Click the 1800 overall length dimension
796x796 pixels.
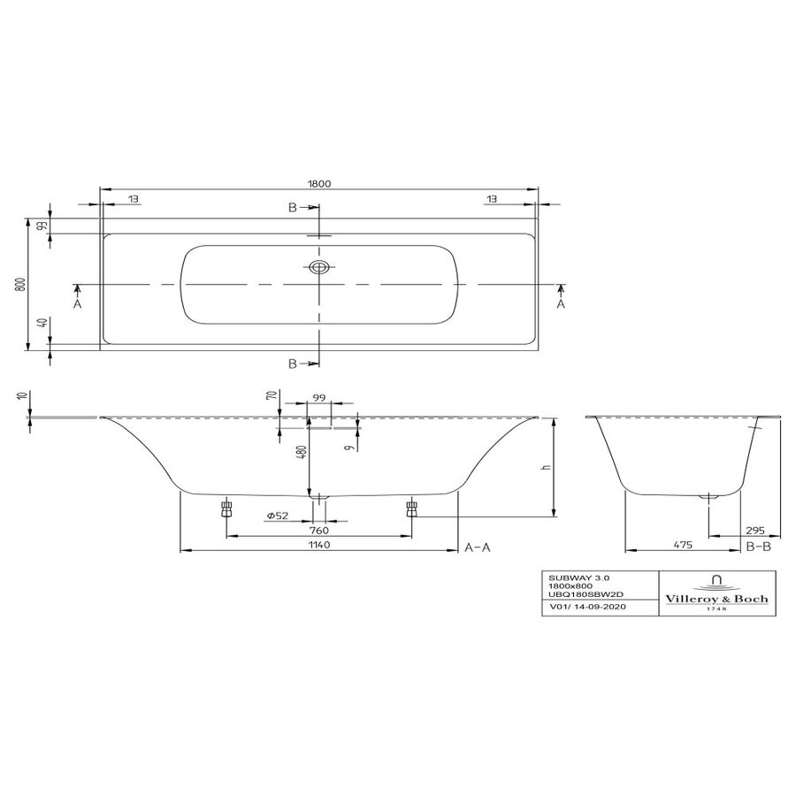point(319,183)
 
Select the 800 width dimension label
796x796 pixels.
point(20,284)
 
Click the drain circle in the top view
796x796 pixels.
point(319,266)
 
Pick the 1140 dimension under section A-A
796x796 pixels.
point(319,545)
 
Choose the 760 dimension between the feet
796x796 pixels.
point(319,531)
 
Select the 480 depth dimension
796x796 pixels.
point(302,452)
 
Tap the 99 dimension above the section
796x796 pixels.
point(318,398)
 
